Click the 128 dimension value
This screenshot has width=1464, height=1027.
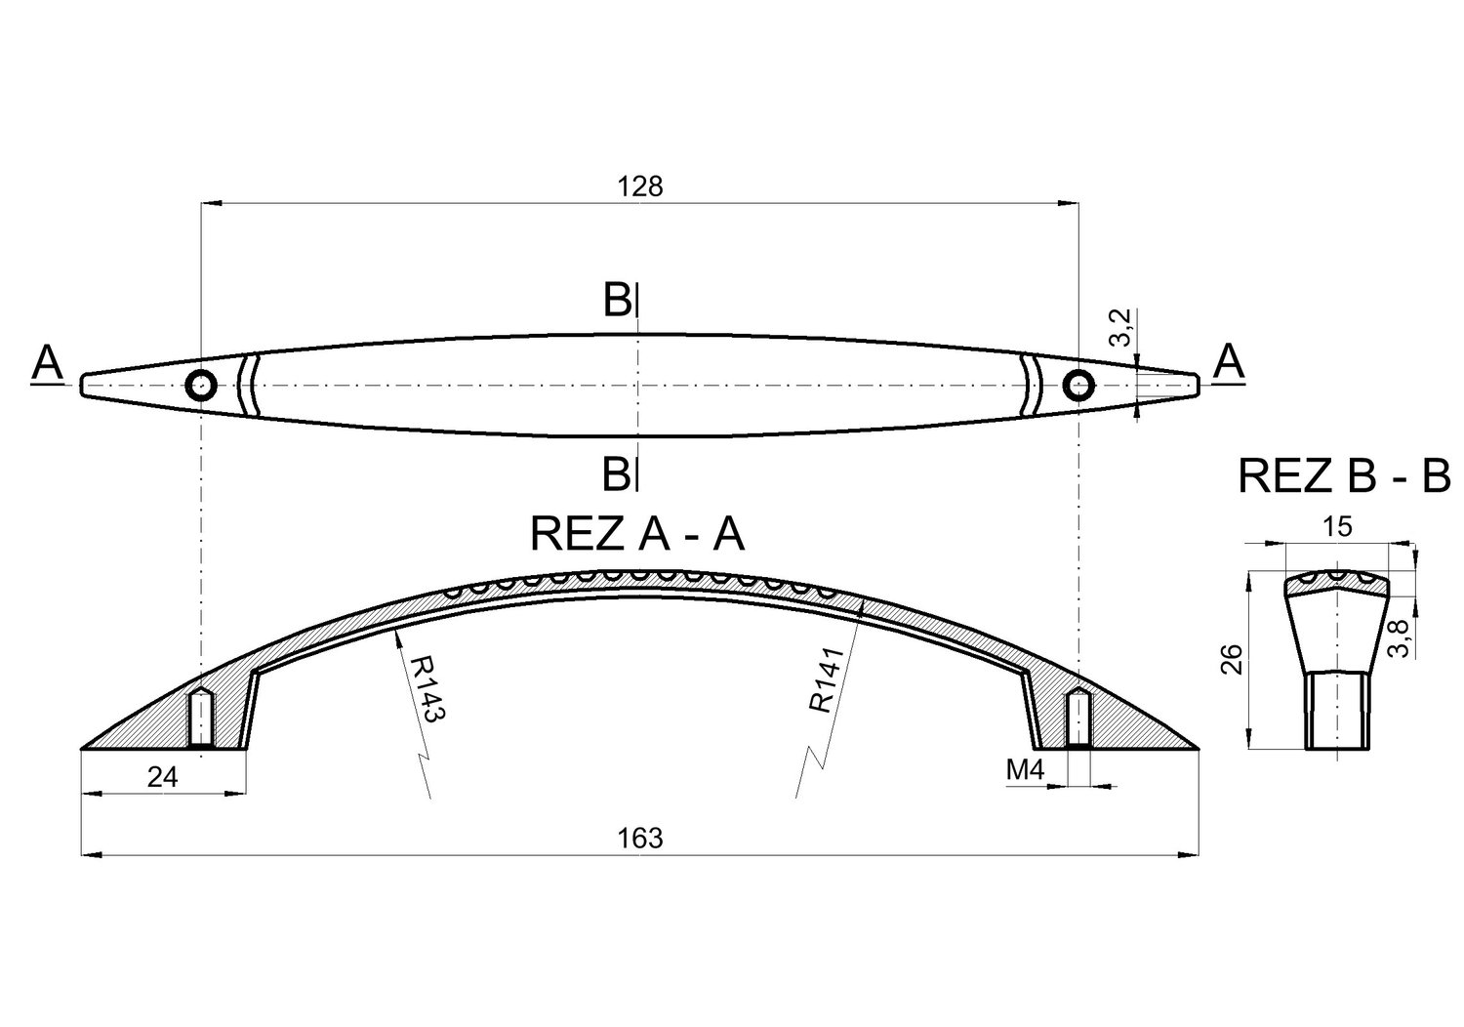click(640, 187)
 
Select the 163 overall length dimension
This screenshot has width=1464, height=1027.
click(640, 838)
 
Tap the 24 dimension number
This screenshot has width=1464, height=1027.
click(163, 778)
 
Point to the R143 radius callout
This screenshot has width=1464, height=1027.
click(428, 689)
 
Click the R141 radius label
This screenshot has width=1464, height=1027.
click(827, 679)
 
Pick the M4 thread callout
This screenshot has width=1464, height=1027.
click(1026, 771)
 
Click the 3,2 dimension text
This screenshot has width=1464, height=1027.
click(1119, 327)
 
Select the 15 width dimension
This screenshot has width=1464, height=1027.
click(1336, 527)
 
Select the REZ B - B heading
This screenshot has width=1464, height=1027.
click(1344, 475)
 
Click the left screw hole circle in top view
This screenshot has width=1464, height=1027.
click(201, 385)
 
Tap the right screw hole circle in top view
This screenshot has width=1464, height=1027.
click(1078, 385)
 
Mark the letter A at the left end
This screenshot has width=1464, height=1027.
click(47, 363)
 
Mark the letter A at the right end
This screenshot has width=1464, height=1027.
click(1229, 361)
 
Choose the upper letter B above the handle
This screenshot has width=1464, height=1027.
click(617, 300)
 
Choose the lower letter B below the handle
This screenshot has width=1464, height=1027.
click(616, 473)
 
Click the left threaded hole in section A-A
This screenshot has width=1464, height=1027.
click(201, 718)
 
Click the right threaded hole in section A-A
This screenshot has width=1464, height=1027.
click(1078, 718)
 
